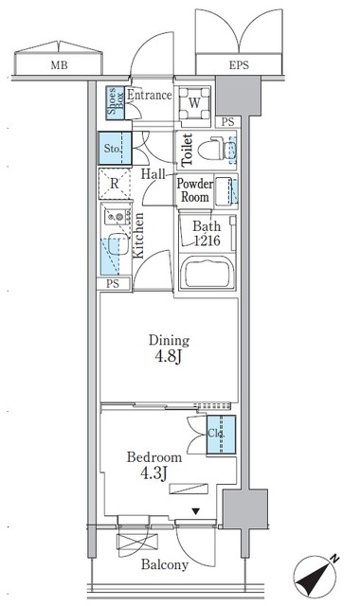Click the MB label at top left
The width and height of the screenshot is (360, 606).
58,65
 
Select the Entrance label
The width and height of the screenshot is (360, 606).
149,95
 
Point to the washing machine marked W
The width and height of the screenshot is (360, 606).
193,103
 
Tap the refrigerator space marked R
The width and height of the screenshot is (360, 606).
114,185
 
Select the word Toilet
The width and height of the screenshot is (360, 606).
188,150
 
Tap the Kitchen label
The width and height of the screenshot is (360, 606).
138,237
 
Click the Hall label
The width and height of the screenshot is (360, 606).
154,174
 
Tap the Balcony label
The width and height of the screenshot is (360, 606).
165,565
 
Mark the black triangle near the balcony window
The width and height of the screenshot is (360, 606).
196,512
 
